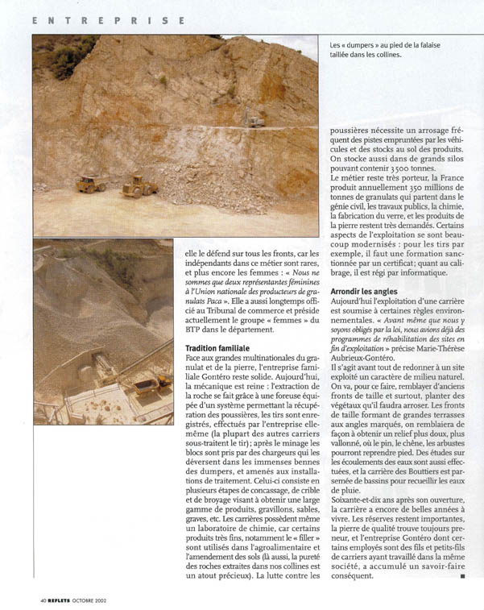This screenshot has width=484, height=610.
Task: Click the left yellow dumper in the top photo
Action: pyautogui.click(x=91, y=185)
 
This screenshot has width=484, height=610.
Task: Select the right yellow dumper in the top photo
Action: pyautogui.click(x=139, y=187)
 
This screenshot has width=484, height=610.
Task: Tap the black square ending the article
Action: pyautogui.click(x=461, y=576)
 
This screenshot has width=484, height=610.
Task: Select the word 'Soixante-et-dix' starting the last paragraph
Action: pyautogui.click(x=359, y=500)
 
